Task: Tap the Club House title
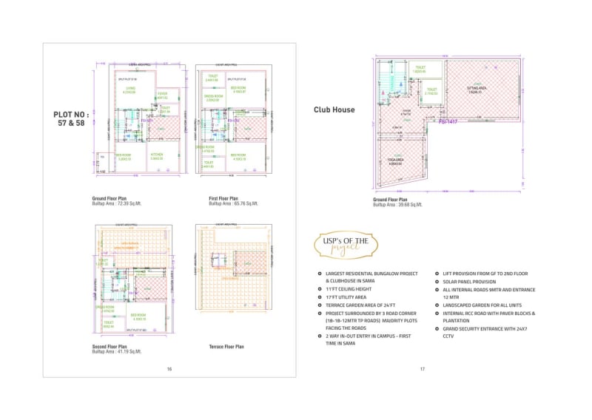(334, 110)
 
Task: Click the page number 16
(169, 369)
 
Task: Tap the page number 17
(422, 369)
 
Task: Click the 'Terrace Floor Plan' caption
(226, 346)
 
